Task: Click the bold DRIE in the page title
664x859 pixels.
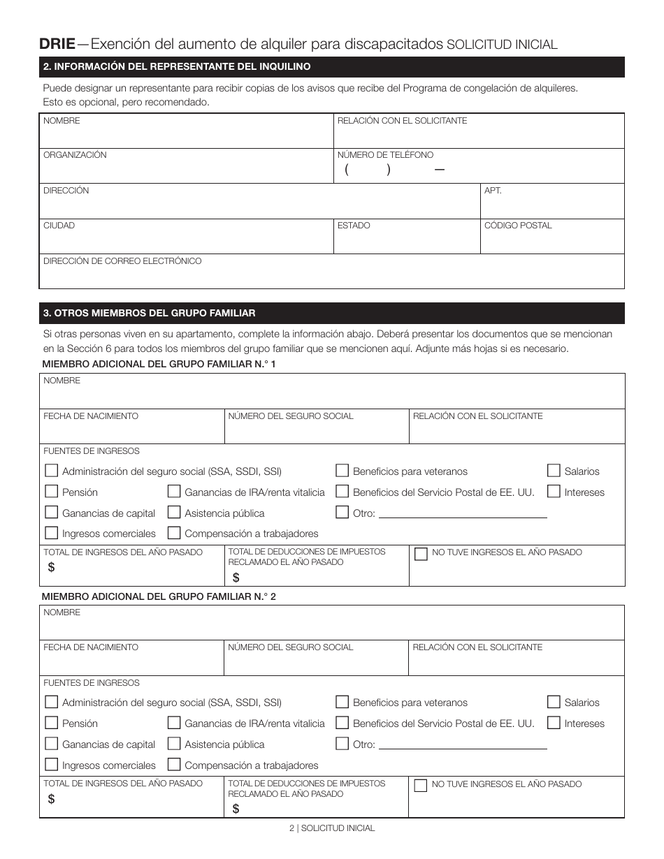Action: click(x=57, y=44)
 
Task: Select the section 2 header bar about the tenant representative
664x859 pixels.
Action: click(x=331, y=67)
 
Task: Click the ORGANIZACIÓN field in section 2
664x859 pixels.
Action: click(x=187, y=170)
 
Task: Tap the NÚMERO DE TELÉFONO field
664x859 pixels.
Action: click(x=479, y=170)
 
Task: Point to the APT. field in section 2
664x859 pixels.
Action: click(x=552, y=205)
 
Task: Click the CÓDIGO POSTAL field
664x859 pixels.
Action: click(x=552, y=240)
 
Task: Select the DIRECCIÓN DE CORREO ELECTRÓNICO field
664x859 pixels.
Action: click(x=331, y=274)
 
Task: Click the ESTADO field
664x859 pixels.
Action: click(x=407, y=240)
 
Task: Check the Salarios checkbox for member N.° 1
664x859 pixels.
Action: click(x=554, y=471)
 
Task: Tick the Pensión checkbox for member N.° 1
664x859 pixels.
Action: click(x=51, y=492)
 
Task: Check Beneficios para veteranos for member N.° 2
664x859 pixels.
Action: click(x=342, y=702)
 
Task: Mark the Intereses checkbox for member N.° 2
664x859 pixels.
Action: click(x=554, y=723)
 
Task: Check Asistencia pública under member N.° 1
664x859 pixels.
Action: click(x=173, y=513)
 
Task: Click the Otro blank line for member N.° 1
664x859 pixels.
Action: click(x=462, y=514)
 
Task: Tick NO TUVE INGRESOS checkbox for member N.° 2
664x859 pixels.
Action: click(x=421, y=785)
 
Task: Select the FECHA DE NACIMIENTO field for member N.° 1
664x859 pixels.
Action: click(x=132, y=429)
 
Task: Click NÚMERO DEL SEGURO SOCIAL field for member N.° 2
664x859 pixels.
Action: click(x=316, y=661)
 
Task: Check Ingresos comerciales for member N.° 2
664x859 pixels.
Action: click(x=51, y=765)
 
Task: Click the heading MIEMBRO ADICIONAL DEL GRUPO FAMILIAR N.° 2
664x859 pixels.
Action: click(x=159, y=597)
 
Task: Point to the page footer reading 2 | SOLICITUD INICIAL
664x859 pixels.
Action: click(x=332, y=828)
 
